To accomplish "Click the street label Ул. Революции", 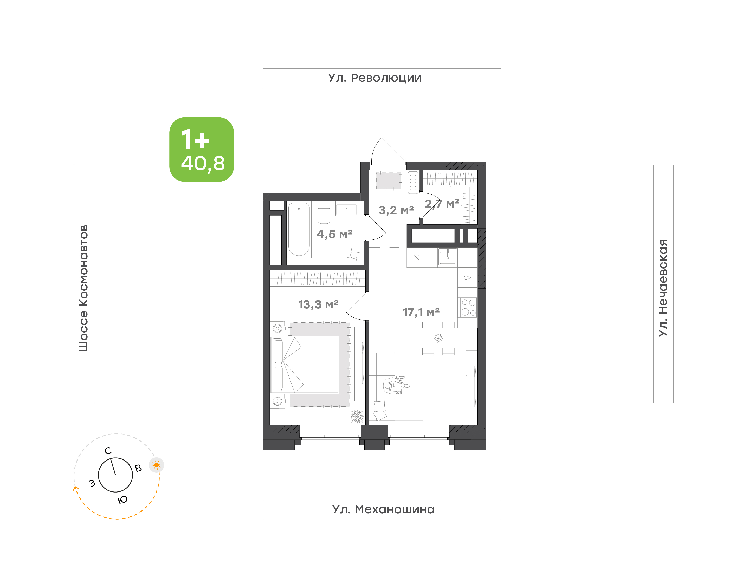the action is [375, 78].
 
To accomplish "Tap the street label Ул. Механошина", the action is [383, 509].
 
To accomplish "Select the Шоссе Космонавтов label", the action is [83, 289].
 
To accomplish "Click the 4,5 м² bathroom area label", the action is [334, 234].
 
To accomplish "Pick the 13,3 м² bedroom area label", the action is [318, 304].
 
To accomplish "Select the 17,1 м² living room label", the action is [421, 312].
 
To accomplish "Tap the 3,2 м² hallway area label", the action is [396, 210].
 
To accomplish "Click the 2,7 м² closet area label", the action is [442, 204].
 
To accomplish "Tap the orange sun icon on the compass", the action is [157, 465].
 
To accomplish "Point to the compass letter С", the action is [108, 451].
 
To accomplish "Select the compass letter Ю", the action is [122, 500].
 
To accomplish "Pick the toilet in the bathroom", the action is [324, 212].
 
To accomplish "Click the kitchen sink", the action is [447, 257].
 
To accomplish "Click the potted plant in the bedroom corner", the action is [357, 417].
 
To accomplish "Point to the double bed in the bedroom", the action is [305, 365].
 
